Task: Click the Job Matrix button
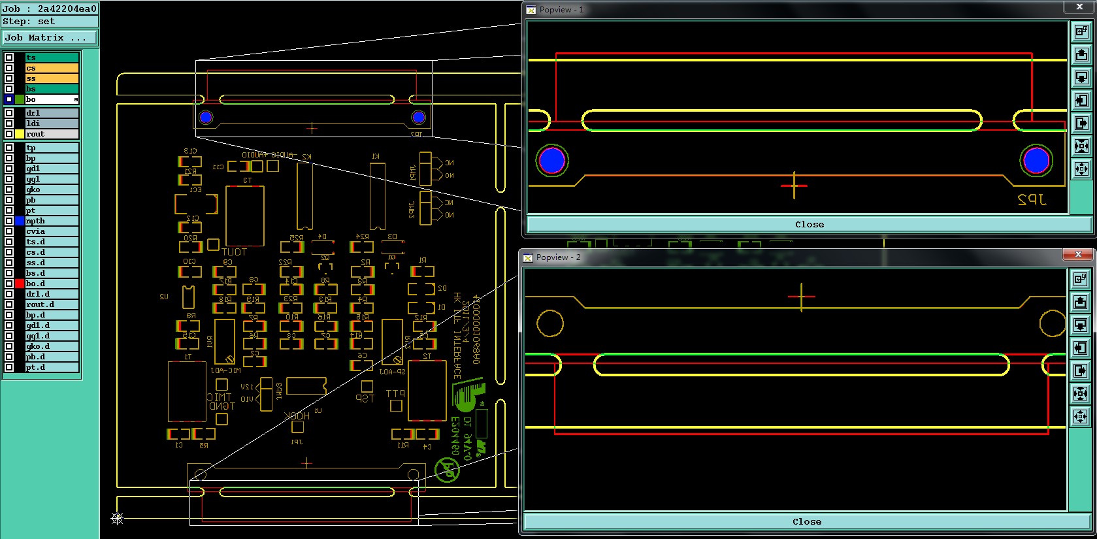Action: [49, 38]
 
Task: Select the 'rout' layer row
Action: [52, 134]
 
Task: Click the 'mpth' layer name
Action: [52, 221]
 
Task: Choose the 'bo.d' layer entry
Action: [52, 284]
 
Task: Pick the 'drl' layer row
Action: [52, 113]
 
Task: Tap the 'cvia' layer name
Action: [52, 231]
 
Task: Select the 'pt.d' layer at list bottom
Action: [52, 367]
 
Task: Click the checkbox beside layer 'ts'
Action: [9, 57]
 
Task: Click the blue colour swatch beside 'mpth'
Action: [20, 221]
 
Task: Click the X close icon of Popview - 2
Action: [1078, 254]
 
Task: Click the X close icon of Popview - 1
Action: [1079, 7]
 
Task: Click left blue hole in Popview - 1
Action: [552, 161]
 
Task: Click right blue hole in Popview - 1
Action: [1036, 161]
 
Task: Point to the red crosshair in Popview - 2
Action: [801, 297]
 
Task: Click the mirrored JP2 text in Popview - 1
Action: [1032, 200]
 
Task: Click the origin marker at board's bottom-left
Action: [118, 519]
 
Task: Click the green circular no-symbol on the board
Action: [448, 470]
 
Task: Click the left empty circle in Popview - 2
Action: [550, 323]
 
